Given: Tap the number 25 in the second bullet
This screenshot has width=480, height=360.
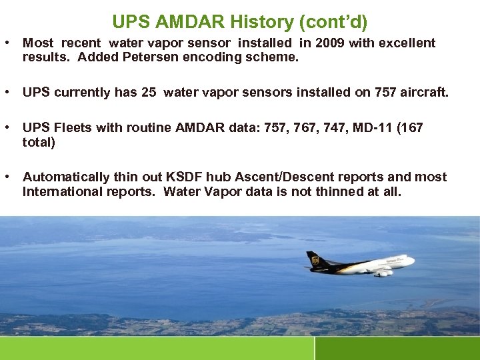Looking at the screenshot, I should pyautogui.click(x=149, y=92).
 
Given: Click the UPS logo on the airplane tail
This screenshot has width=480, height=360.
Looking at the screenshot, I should pyautogui.click(x=313, y=259).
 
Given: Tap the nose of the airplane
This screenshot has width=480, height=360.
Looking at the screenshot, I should pyautogui.click(x=413, y=261).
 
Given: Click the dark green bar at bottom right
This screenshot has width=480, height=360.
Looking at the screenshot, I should pyautogui.click(x=397, y=348).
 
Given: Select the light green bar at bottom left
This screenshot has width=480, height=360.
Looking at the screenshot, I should pyautogui.click(x=157, y=348).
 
